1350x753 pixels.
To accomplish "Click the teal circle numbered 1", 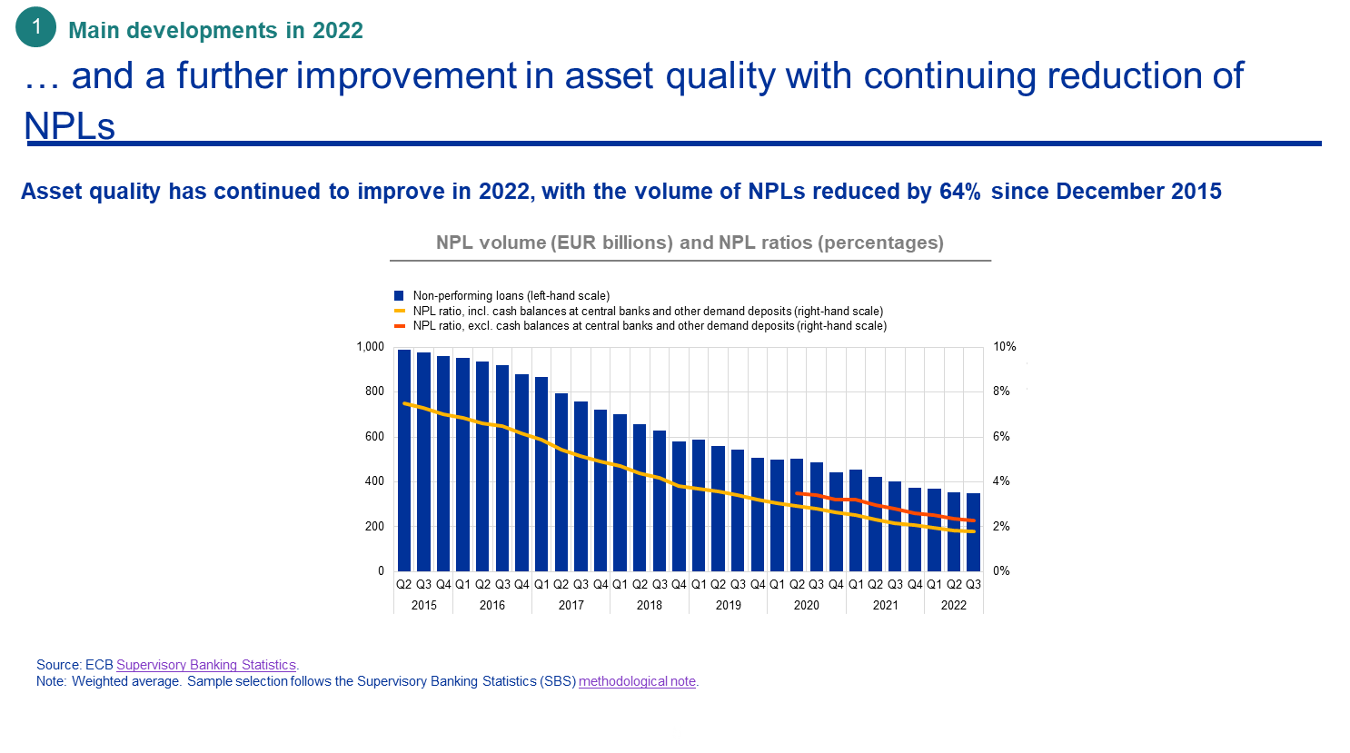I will point(36,27).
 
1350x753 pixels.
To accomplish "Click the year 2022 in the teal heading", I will point(337,30).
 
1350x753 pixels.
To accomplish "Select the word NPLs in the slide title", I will point(70,126).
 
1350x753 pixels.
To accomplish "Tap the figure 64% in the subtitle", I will point(959,192).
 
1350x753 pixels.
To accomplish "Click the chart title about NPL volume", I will point(690,243).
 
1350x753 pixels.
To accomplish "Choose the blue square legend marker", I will point(399,295).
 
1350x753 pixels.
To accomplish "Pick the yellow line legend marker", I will point(399,311).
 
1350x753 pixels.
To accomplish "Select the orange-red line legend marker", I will point(399,325).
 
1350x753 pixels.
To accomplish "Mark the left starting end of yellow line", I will point(404,403).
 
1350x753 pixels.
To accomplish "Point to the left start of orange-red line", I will point(797,493).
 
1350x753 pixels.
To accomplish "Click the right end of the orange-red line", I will point(973,520).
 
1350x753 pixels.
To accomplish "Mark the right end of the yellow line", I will point(973,531).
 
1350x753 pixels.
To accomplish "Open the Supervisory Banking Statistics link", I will point(206,665).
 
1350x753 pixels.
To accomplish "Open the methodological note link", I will point(637,681).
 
